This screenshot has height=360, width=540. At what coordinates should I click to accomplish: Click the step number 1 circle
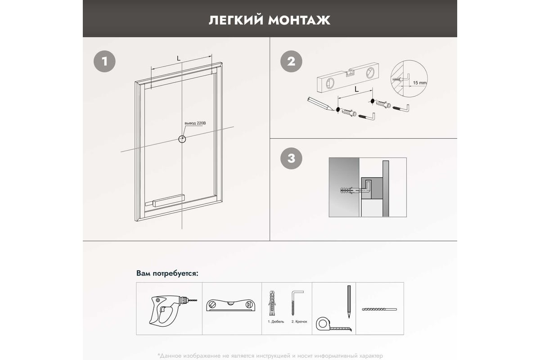click(x=104, y=61)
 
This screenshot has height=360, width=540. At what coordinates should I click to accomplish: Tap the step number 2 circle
click(x=291, y=61)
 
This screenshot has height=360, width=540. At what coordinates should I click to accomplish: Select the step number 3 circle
click(x=291, y=158)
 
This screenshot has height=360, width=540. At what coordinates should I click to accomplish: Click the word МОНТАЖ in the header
click(x=299, y=20)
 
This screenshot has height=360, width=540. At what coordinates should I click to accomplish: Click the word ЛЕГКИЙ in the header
click(x=236, y=20)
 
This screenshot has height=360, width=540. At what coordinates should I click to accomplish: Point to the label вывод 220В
click(x=195, y=123)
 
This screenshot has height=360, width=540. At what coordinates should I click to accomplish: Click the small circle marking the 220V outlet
click(x=182, y=139)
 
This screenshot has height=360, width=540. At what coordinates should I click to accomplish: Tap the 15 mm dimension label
click(x=420, y=83)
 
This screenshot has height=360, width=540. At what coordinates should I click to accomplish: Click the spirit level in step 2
click(x=348, y=78)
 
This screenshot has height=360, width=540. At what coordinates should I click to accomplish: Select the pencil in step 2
click(x=320, y=103)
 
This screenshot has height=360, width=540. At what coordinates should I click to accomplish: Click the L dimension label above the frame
click(x=179, y=58)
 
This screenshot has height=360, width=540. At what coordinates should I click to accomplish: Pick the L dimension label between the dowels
click(x=356, y=90)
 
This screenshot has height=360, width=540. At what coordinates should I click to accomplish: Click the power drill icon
click(x=173, y=310)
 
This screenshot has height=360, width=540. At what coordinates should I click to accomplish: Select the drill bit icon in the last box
click(x=379, y=309)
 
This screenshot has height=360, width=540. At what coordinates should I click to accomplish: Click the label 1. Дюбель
click(x=276, y=322)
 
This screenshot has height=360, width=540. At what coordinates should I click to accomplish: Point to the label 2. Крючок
click(x=299, y=322)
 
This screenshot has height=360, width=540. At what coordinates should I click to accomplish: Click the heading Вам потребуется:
click(x=167, y=273)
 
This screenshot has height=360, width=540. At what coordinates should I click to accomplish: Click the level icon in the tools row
click(x=231, y=305)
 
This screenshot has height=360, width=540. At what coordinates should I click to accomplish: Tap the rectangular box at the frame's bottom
click(x=169, y=200)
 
